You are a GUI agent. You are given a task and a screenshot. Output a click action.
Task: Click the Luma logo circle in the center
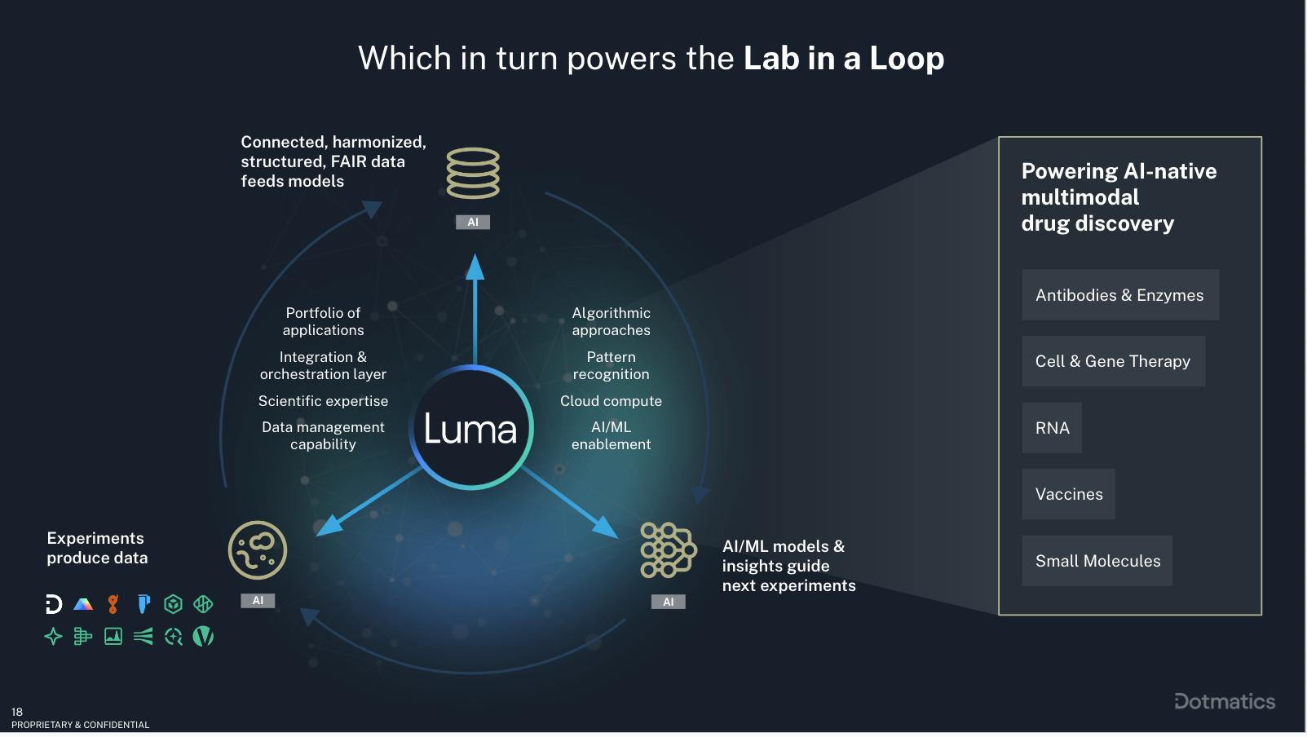pyautogui.click(x=471, y=428)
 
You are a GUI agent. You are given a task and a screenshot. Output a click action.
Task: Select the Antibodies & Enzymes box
pyautogui.click(x=1120, y=294)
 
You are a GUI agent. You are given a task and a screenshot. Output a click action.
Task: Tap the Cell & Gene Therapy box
pyautogui.click(x=1113, y=361)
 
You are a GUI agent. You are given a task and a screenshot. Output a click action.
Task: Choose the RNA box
pyautogui.click(x=1052, y=428)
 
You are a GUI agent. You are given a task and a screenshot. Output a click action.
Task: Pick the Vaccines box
pyautogui.click(x=1068, y=494)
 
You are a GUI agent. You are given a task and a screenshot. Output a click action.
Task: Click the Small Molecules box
pyautogui.click(x=1097, y=561)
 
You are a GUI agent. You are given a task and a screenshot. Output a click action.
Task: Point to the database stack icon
pyautogui.click(x=473, y=174)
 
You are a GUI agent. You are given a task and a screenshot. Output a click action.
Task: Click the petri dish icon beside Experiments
pyautogui.click(x=258, y=550)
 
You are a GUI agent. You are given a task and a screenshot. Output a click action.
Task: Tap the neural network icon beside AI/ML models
pyautogui.click(x=668, y=550)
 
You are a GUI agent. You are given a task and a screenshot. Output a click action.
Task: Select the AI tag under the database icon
pyautogui.click(x=473, y=222)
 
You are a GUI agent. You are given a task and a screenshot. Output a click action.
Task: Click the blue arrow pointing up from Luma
pyautogui.click(x=475, y=309)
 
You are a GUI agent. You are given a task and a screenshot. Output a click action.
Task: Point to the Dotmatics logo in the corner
pyautogui.click(x=1225, y=701)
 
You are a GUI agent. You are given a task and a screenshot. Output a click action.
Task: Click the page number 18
pyautogui.click(x=17, y=712)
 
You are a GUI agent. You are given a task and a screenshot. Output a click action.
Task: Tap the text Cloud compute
pyautogui.click(x=611, y=401)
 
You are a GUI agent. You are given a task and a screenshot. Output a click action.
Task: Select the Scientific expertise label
pyautogui.click(x=323, y=401)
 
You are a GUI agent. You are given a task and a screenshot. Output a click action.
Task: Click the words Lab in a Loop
pyautogui.click(x=844, y=59)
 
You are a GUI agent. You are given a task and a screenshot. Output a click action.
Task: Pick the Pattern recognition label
pyautogui.click(x=611, y=365)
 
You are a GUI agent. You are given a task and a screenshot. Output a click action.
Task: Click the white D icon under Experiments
pyautogui.click(x=54, y=604)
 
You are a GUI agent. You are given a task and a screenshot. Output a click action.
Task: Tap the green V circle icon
pyautogui.click(x=203, y=636)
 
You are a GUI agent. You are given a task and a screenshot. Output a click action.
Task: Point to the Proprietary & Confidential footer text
pyautogui.click(x=81, y=725)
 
